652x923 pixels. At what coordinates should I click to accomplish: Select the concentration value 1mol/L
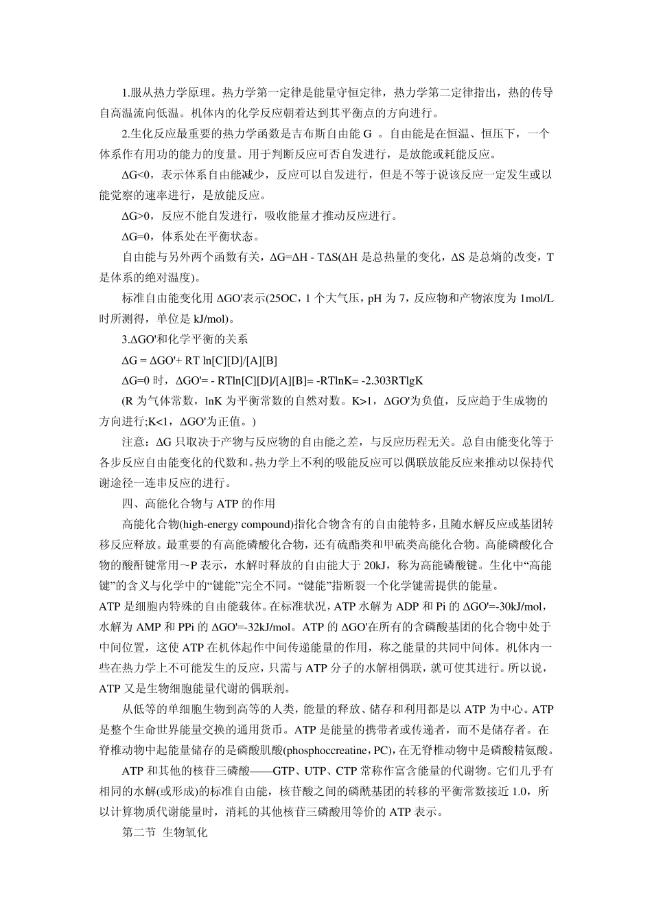(x=535, y=299)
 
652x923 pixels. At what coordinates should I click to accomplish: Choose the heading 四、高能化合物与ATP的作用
(x=198, y=504)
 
